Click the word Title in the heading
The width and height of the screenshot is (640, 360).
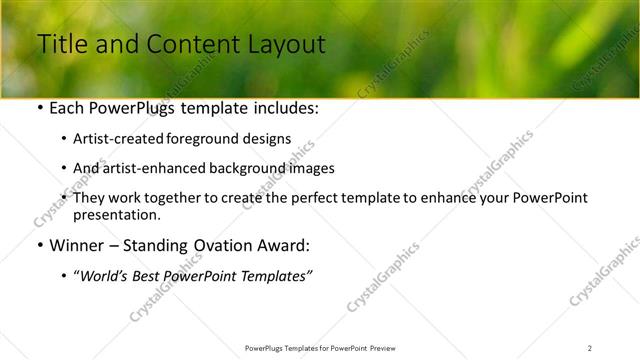tap(60, 44)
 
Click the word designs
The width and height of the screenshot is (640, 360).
tap(269, 139)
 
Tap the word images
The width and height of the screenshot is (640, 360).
tap(307, 169)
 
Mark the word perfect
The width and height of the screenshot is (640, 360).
tap(319, 199)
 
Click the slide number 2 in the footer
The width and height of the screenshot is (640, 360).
tap(590, 347)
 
